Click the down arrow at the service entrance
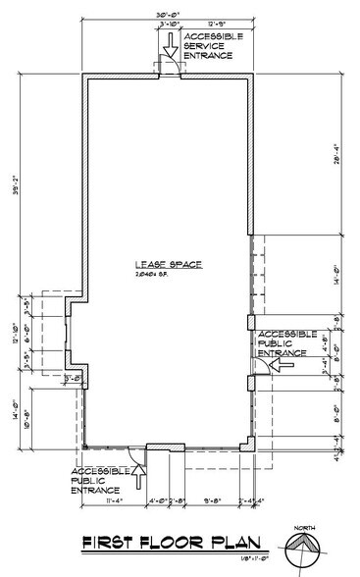169,46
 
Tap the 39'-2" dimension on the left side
13,235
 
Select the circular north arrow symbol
302,551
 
